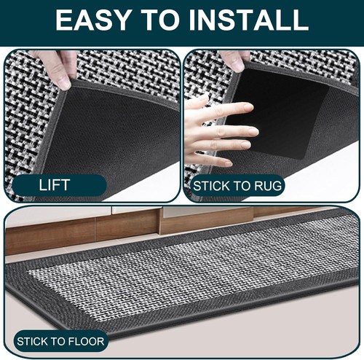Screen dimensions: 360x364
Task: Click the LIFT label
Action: pyautogui.click(x=54, y=184)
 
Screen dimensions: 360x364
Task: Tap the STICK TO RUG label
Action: pyautogui.click(x=236, y=186)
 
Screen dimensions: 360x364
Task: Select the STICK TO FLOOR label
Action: pyautogui.click(x=60, y=340)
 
